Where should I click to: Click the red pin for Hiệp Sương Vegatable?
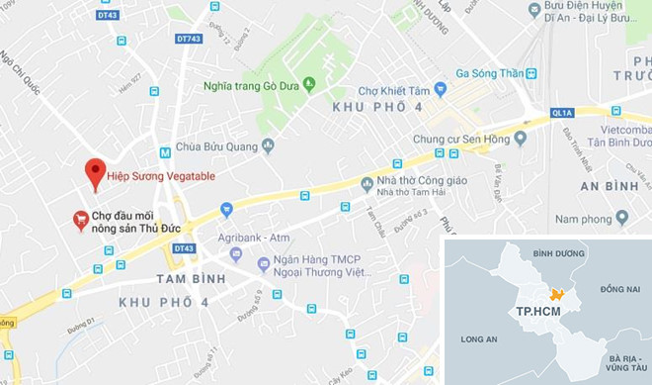coord(95,172)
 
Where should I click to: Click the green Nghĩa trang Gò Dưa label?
coord(252,84)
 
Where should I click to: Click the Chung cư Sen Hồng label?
coord(453,139)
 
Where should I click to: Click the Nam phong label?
coord(582,216)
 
